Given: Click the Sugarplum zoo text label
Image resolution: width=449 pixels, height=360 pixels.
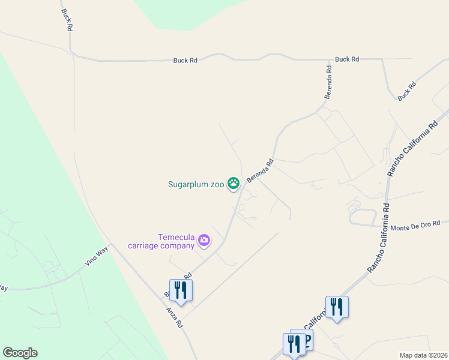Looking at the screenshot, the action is point(196,184).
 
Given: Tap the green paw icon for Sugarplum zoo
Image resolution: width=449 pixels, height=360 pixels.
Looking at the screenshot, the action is point(233,184).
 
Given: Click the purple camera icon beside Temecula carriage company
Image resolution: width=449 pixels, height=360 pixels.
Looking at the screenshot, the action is point(205,241).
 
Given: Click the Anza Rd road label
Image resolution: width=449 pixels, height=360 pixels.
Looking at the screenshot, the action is point(175,318).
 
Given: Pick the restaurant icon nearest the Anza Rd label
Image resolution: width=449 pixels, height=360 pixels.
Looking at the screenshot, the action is point(181,290).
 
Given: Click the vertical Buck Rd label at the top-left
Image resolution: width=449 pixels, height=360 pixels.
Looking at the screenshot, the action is point(65,20).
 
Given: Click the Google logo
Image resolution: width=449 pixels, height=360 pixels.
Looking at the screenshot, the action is point(20,353).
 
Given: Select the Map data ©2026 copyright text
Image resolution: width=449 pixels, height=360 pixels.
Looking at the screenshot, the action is point(423,355).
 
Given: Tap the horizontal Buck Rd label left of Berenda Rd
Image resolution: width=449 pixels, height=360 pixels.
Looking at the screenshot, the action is point(185,60).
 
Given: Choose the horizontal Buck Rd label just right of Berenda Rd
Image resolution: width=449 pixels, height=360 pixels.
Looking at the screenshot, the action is point(347,59).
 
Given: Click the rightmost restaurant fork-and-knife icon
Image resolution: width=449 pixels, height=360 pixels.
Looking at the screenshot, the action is point(337,307).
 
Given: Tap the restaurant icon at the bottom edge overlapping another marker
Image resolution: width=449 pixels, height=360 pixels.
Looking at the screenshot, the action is point(294,344).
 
